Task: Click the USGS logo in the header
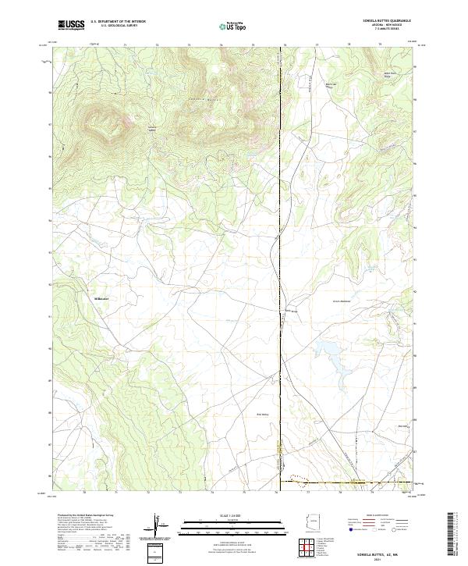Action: point(71,25)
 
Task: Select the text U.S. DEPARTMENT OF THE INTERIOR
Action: point(118,22)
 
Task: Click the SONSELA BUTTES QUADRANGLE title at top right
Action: point(386,22)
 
